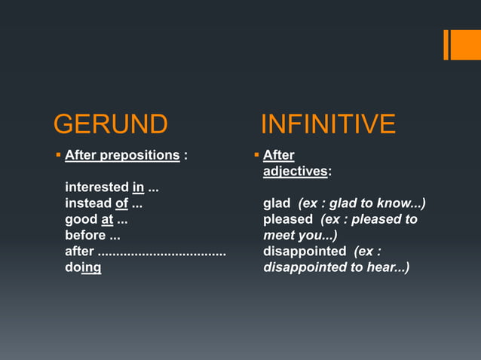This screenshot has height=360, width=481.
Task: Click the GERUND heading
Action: point(110,124)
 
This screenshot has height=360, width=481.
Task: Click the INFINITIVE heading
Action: point(328,124)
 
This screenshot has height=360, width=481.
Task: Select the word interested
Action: point(97,187)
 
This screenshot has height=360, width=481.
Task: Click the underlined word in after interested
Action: point(138,187)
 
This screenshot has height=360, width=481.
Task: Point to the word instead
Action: point(87,203)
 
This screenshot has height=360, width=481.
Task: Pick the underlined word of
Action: point(121,203)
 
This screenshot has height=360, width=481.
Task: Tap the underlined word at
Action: point(107,219)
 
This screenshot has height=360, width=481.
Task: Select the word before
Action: point(85,235)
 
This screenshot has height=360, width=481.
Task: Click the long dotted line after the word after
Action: point(162,252)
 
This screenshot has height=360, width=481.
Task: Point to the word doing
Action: point(83,267)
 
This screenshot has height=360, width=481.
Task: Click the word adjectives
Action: point(295,171)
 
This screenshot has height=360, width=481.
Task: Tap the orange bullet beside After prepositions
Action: point(58,155)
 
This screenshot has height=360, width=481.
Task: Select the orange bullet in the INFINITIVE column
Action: point(256,155)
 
